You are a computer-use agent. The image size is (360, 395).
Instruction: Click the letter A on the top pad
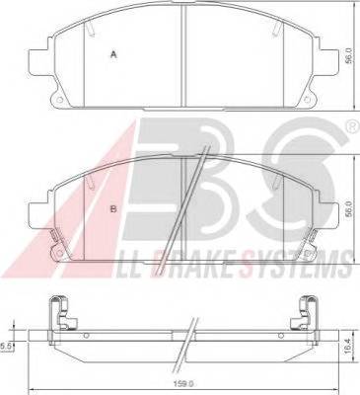tap(113, 54)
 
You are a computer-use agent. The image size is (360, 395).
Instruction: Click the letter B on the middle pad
tap(113, 208)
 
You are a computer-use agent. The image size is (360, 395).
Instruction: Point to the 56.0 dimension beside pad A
tap(349, 55)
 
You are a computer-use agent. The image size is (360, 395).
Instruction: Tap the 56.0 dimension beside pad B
tap(349, 209)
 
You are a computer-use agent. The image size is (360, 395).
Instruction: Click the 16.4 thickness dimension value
tap(350, 347)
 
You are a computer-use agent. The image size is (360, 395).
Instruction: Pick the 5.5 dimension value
tap(6, 347)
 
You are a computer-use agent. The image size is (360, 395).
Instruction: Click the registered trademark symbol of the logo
tap(353, 126)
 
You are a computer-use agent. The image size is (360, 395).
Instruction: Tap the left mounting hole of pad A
tap(59, 100)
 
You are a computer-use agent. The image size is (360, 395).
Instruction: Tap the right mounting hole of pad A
tap(307, 100)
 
